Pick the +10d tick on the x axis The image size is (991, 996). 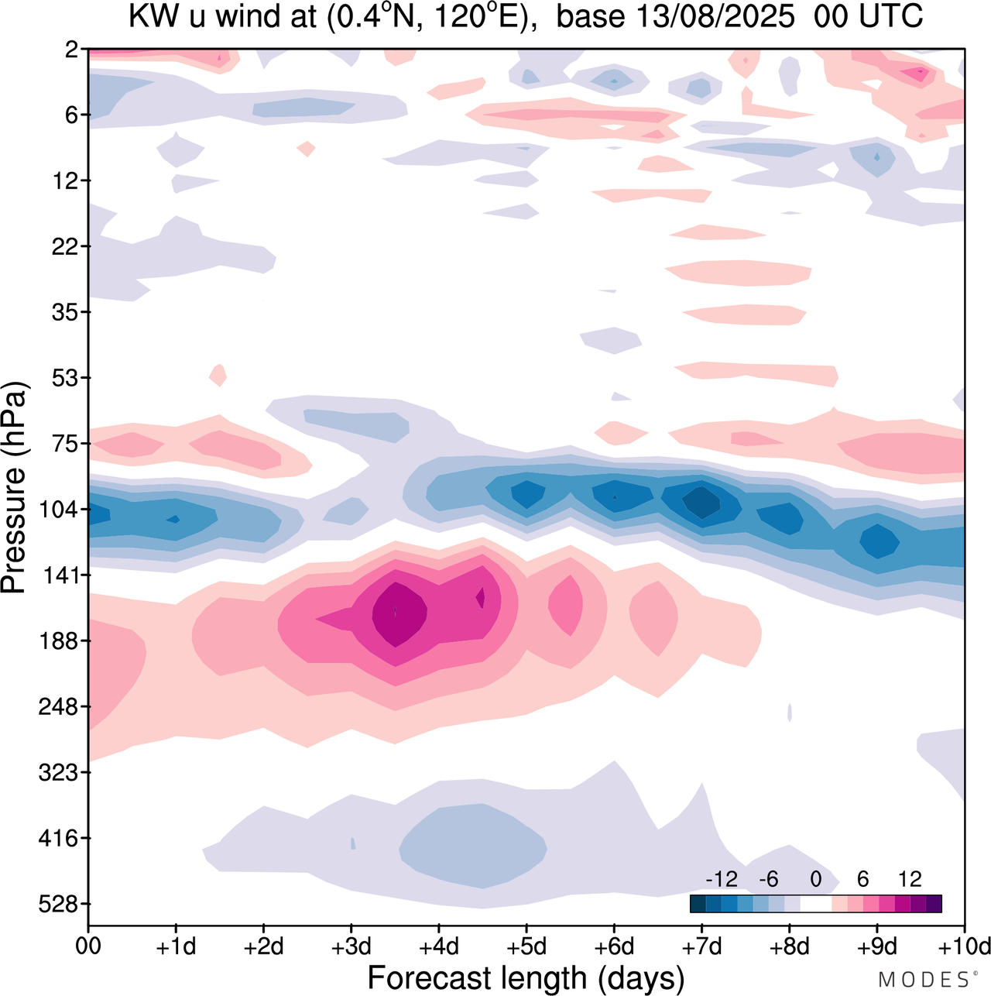[965, 946]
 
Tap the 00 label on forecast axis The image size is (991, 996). [88, 946]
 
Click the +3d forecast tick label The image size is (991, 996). [352, 946]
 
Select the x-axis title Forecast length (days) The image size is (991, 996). [526, 977]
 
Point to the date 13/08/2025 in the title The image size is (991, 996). [675, 17]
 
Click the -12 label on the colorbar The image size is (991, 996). [721, 879]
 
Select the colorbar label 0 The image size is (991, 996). [815, 879]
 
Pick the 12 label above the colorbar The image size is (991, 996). [910, 879]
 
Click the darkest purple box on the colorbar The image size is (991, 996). [934, 904]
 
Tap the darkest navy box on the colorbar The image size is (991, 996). [698, 904]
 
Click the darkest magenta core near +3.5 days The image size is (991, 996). [399, 612]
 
